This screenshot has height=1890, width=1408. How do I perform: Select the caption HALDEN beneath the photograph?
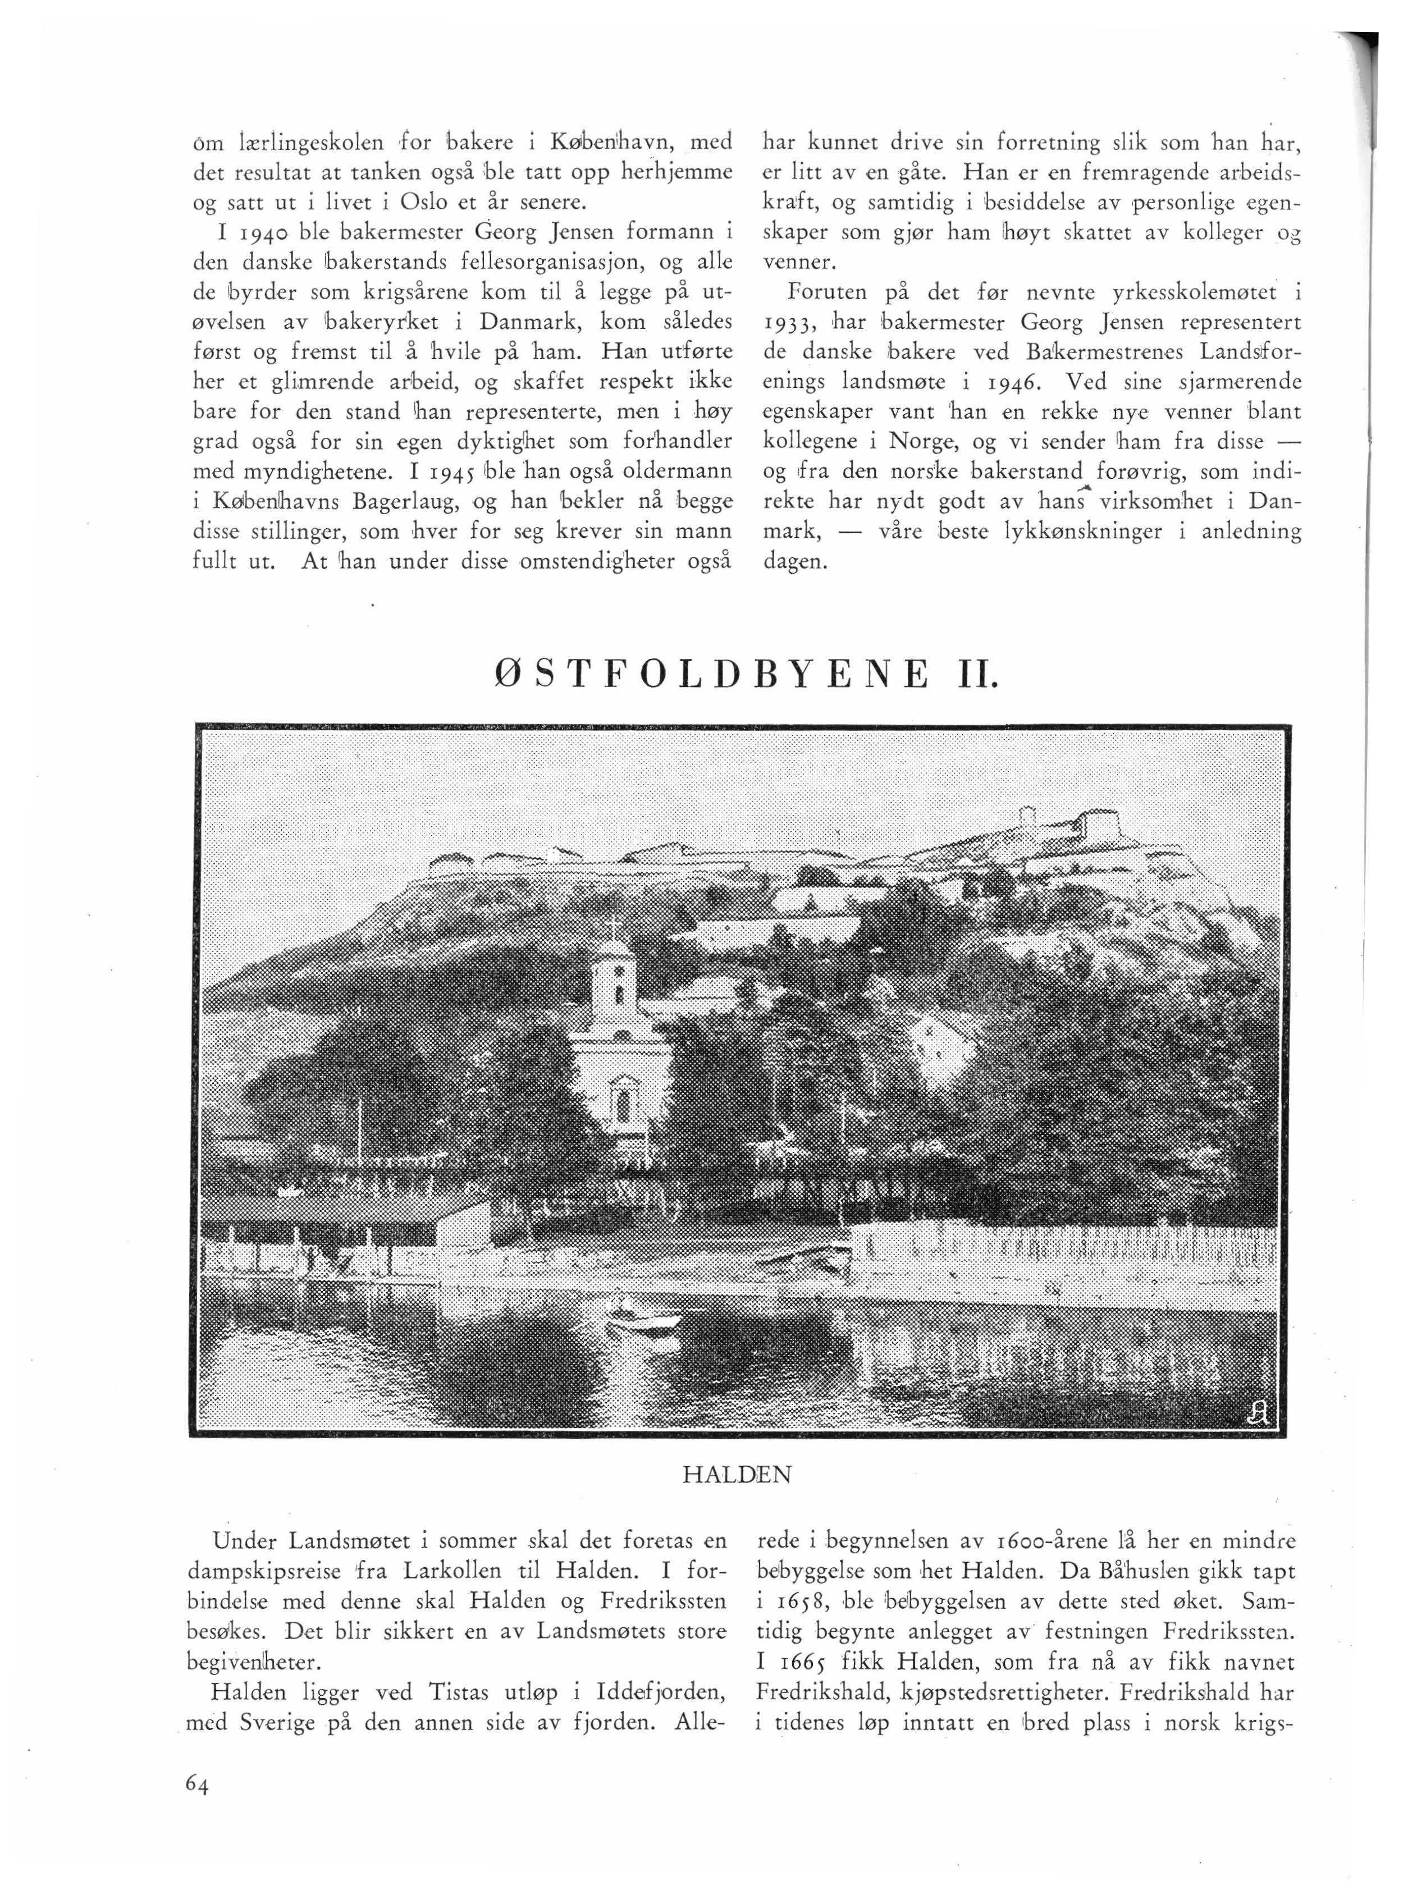coord(737,1474)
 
